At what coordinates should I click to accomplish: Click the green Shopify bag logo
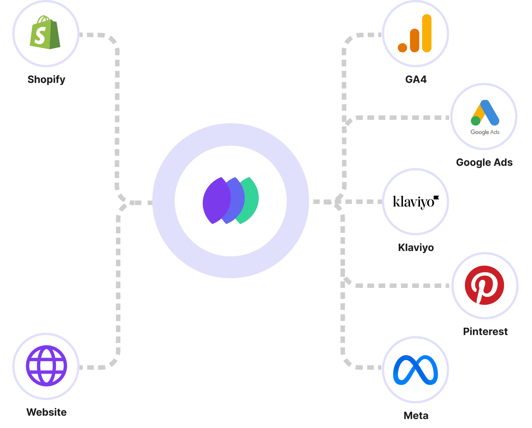coord(45,33)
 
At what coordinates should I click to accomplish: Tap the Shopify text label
coord(46,80)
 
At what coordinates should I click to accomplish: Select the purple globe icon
coord(46,366)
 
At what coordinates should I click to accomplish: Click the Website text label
coord(46,412)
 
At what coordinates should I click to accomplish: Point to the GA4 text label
coord(416,80)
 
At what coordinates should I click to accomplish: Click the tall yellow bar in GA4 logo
coord(427,33)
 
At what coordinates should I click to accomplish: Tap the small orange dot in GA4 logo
coord(402,48)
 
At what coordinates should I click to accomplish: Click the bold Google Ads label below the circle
coord(484,162)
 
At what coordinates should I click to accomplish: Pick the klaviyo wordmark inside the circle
coord(414,202)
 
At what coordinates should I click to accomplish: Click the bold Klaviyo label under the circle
coord(416,248)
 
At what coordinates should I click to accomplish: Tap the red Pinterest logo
coord(484,285)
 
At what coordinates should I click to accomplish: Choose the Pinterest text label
coord(485,332)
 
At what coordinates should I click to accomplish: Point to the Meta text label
coord(416,416)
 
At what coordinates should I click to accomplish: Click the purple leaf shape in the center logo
coord(215,201)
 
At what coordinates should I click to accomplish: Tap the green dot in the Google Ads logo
coord(475,121)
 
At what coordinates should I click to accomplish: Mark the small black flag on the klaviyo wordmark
coord(436,197)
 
